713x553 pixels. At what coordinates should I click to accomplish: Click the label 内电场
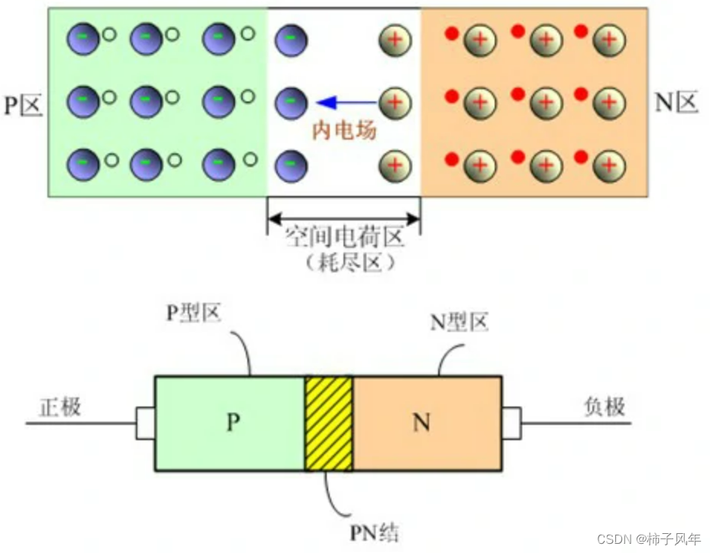(344, 130)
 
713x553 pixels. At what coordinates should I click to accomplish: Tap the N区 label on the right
(676, 103)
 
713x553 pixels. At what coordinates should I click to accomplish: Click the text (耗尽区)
(344, 262)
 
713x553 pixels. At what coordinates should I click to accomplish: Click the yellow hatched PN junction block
(328, 423)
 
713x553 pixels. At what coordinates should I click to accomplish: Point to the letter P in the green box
(233, 422)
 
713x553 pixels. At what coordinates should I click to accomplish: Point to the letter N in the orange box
(421, 423)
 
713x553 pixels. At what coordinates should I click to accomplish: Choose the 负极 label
(604, 406)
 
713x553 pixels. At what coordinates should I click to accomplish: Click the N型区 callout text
(459, 323)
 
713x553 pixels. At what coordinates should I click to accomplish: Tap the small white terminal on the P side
(145, 423)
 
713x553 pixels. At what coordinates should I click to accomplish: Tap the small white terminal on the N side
(511, 423)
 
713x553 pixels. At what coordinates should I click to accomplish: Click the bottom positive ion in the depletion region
(395, 164)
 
